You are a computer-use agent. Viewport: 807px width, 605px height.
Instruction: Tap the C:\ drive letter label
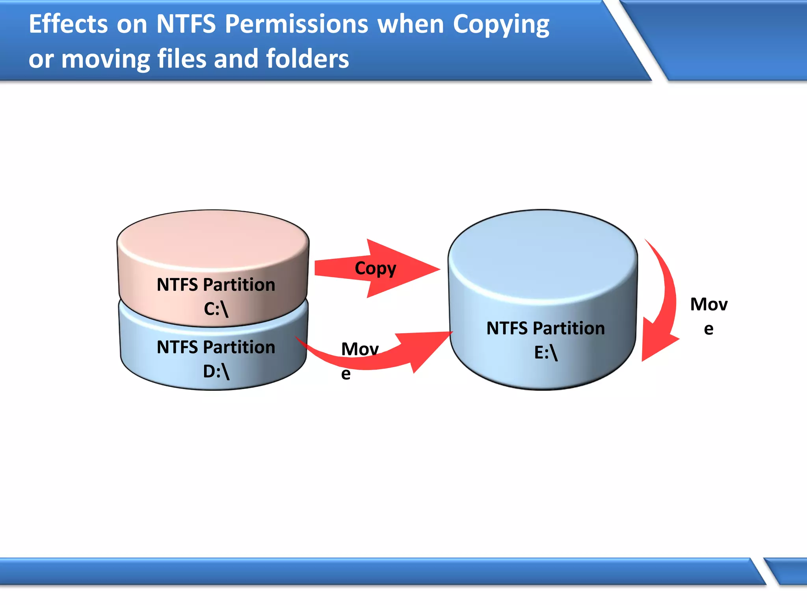point(216,309)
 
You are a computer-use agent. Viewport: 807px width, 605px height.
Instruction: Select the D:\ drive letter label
point(216,371)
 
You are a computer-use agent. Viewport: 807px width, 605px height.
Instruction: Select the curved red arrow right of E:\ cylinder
point(662,303)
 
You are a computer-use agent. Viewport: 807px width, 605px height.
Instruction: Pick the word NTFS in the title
point(186,24)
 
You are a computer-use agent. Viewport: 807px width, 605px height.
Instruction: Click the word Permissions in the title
point(296,24)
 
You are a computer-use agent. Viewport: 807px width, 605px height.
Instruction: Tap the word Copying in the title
point(501,25)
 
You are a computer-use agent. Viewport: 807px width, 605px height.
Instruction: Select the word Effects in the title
point(68,24)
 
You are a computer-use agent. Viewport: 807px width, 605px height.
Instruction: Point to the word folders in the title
point(307,59)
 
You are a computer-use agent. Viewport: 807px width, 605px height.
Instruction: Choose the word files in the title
point(182,59)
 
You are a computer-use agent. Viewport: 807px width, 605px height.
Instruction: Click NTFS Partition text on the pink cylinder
point(216,285)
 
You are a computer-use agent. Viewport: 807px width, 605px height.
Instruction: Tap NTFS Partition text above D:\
point(216,347)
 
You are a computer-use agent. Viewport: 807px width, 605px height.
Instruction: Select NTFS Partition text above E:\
point(546,328)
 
